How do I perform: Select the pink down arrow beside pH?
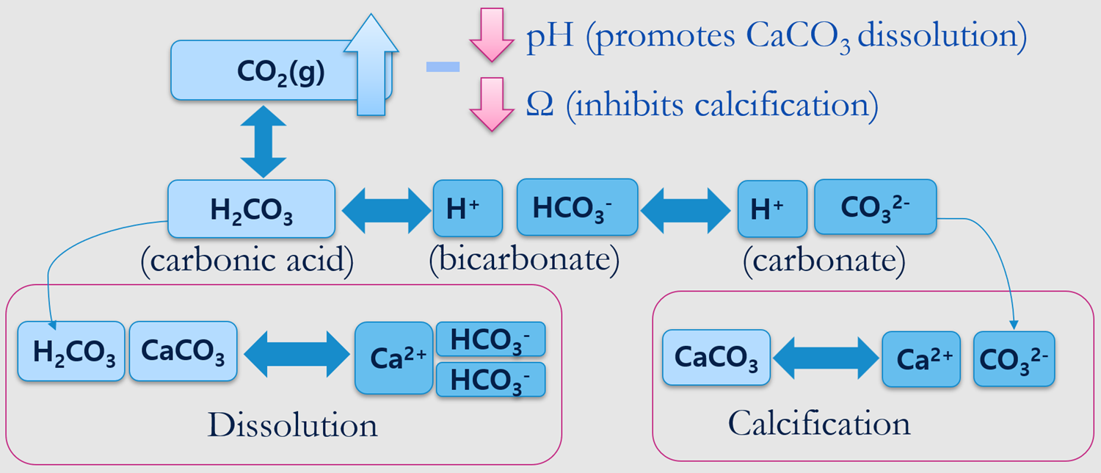491,34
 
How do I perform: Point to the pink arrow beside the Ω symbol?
491,104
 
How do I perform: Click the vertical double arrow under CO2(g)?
263,141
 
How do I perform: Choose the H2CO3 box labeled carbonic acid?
251,209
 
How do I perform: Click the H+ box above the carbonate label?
772,209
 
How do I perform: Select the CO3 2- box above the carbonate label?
875,206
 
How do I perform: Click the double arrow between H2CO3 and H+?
385,209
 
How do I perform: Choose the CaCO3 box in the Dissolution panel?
183,350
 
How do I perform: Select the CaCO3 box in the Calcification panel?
716,358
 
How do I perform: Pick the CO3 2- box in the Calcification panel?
1014,358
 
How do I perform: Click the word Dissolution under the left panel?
292,425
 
